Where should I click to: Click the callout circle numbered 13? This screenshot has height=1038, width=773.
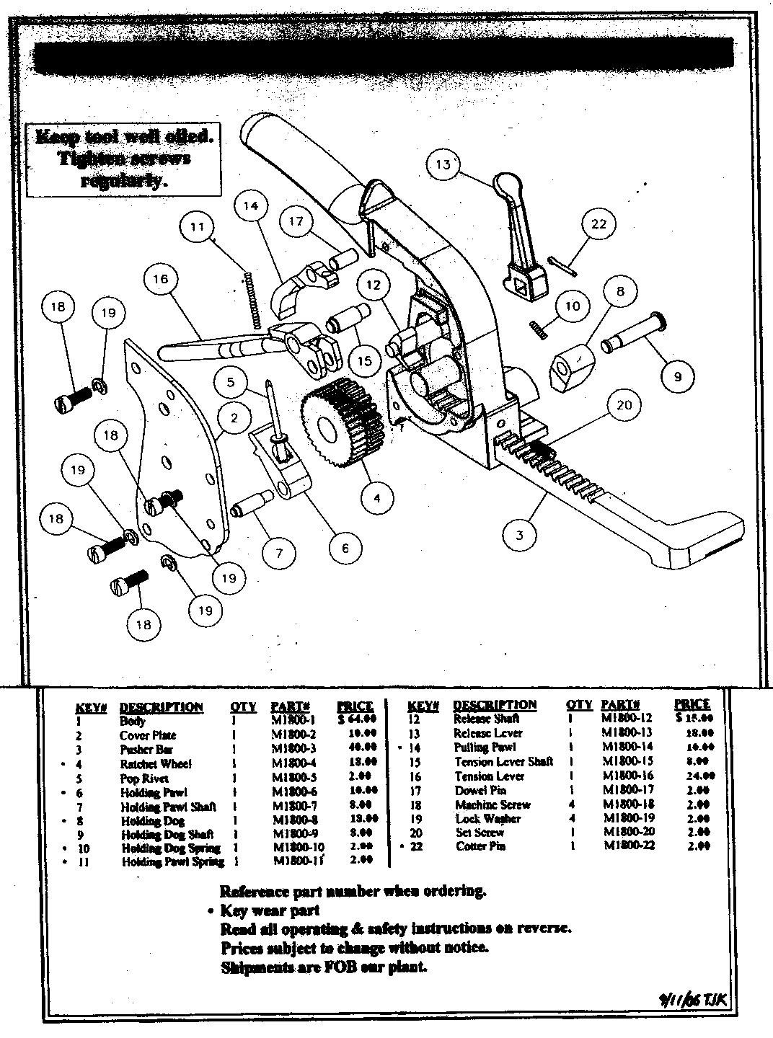443,164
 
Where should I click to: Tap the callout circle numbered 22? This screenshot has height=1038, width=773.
599,224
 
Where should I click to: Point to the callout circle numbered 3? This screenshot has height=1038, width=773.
520,534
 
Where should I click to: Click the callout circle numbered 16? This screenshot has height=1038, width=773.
160,279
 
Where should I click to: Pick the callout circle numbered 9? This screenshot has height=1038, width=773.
678,375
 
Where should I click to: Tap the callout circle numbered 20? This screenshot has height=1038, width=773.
624,404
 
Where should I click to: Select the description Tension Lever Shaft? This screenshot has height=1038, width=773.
503,762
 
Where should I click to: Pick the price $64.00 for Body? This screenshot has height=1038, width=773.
356,719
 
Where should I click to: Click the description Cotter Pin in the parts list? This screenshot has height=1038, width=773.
481,846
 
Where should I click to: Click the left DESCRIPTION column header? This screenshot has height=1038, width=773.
161,706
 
